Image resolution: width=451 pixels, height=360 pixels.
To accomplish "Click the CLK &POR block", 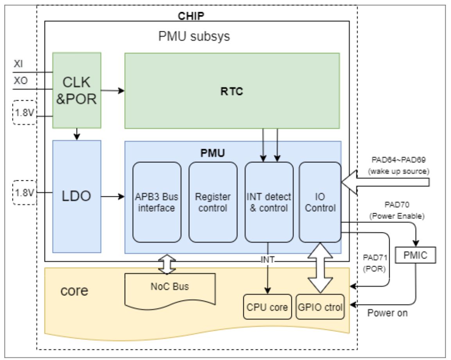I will (77, 90).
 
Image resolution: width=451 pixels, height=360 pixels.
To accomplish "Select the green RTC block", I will (232, 91).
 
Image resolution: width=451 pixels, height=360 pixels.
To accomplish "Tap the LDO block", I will (77, 196).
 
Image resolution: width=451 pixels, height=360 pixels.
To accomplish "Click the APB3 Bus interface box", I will (157, 202).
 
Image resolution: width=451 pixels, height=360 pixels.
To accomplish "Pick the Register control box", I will (213, 202).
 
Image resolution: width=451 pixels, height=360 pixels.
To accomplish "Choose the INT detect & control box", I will (269, 202).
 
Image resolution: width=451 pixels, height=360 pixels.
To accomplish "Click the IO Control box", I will (320, 202).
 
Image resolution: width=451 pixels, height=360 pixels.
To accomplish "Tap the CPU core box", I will (268, 306).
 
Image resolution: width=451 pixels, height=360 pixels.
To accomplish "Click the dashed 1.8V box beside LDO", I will (24, 192).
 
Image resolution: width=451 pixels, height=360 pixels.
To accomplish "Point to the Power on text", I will (387, 313).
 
